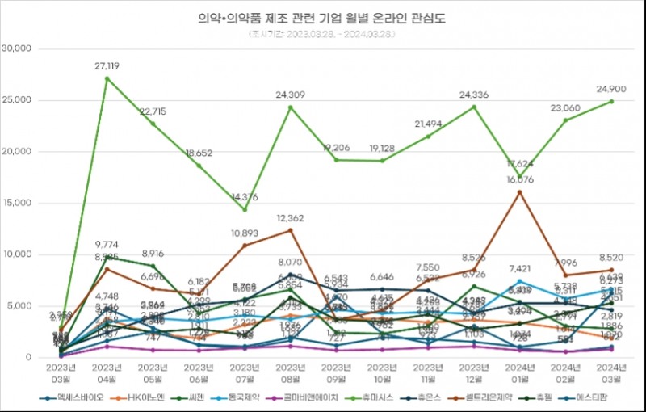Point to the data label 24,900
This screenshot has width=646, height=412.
pyautogui.click(x=611, y=90)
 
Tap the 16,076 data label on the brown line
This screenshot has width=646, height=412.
pyautogui.click(x=519, y=180)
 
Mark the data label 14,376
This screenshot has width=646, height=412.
pyautogui.click(x=244, y=198)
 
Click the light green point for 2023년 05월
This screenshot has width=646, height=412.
pyautogui.click(x=153, y=123)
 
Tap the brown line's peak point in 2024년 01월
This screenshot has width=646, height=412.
pyautogui.click(x=519, y=191)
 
